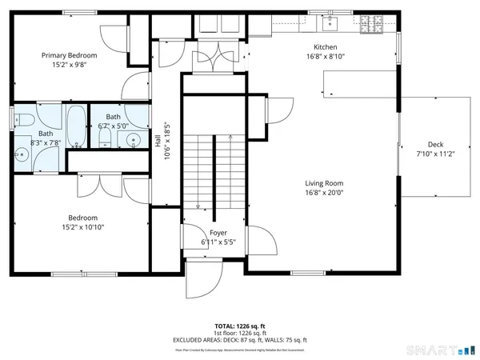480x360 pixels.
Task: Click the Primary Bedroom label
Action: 70,55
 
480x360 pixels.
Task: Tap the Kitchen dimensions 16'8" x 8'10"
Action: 325,57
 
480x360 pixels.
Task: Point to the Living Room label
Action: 324,182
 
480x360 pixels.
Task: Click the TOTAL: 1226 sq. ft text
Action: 240,326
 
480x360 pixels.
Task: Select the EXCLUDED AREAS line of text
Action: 240,340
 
